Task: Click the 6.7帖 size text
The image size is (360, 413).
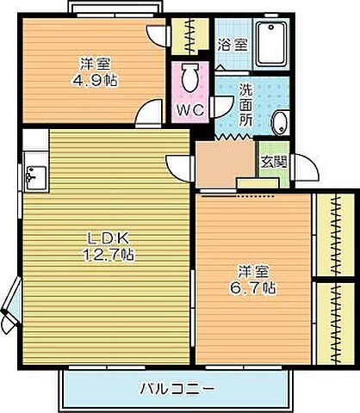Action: pos(258,287)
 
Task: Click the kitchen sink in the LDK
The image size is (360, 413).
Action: pos(37,178)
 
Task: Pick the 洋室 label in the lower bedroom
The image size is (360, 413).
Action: pos(257,269)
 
